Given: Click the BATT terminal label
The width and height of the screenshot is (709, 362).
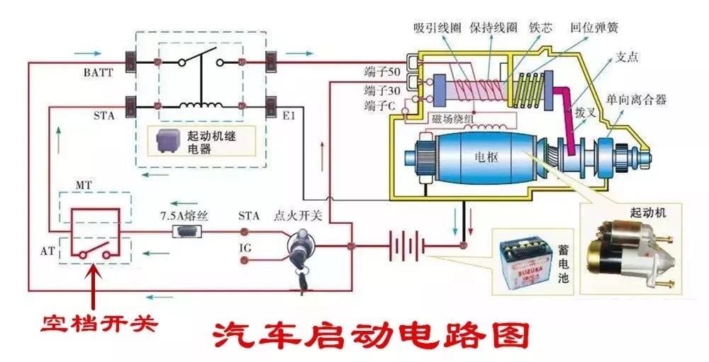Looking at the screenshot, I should click(96, 73).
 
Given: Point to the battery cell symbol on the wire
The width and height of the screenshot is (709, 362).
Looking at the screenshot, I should click(406, 247).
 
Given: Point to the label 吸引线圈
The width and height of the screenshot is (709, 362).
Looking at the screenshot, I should click(438, 28).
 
